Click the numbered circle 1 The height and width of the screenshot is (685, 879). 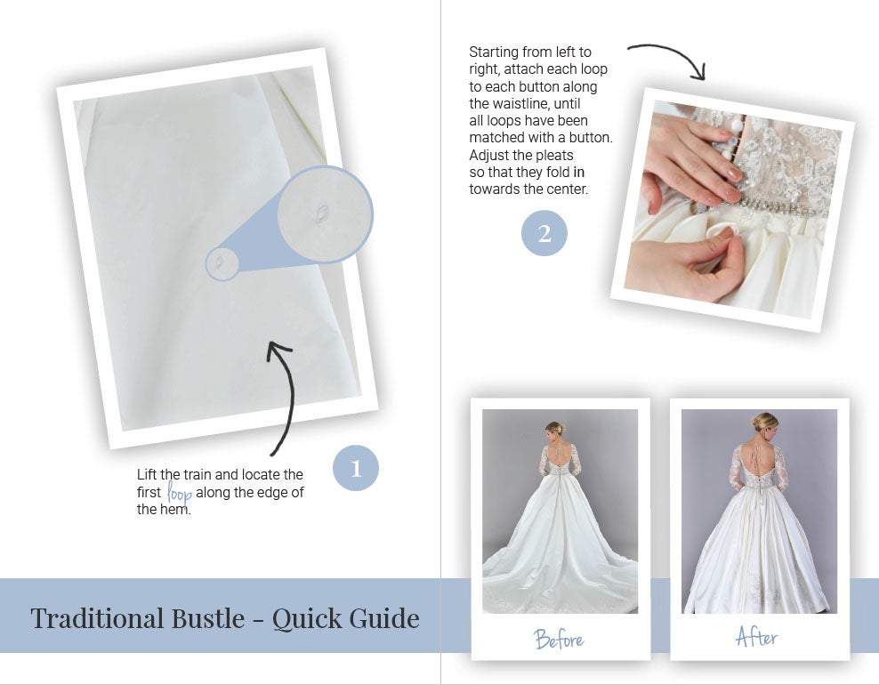tap(355, 468)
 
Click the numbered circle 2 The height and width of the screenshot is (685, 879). tap(544, 233)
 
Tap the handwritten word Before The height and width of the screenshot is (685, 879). tap(559, 639)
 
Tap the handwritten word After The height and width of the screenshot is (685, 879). tap(757, 637)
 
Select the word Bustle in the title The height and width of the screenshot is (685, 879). tap(208, 618)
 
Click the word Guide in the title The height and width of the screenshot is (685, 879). tap(384, 618)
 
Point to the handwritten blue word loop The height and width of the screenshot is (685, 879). tap(180, 494)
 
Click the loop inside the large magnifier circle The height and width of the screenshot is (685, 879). tap(322, 214)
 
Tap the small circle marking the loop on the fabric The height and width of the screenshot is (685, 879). tap(222, 263)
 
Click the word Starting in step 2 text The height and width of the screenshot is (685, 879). tap(493, 52)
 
